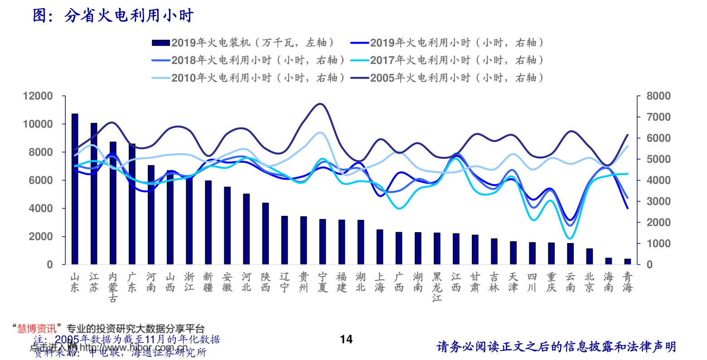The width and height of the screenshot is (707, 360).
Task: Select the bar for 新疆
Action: click(208, 222)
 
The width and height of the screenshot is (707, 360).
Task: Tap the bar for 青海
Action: click(628, 262)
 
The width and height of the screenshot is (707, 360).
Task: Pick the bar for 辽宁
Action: click(284, 240)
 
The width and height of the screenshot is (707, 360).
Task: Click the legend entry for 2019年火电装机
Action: click(245, 43)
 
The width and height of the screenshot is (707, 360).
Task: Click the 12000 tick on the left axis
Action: click(38, 96)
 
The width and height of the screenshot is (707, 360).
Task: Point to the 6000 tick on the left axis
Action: click(41, 180)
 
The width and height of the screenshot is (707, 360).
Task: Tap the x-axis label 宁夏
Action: click(322, 282)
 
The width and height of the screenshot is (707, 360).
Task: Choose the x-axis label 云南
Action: click(570, 282)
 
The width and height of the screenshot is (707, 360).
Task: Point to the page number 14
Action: click(346, 339)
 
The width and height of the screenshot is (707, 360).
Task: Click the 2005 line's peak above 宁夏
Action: click(321, 104)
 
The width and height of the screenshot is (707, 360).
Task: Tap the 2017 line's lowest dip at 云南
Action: click(570, 238)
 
